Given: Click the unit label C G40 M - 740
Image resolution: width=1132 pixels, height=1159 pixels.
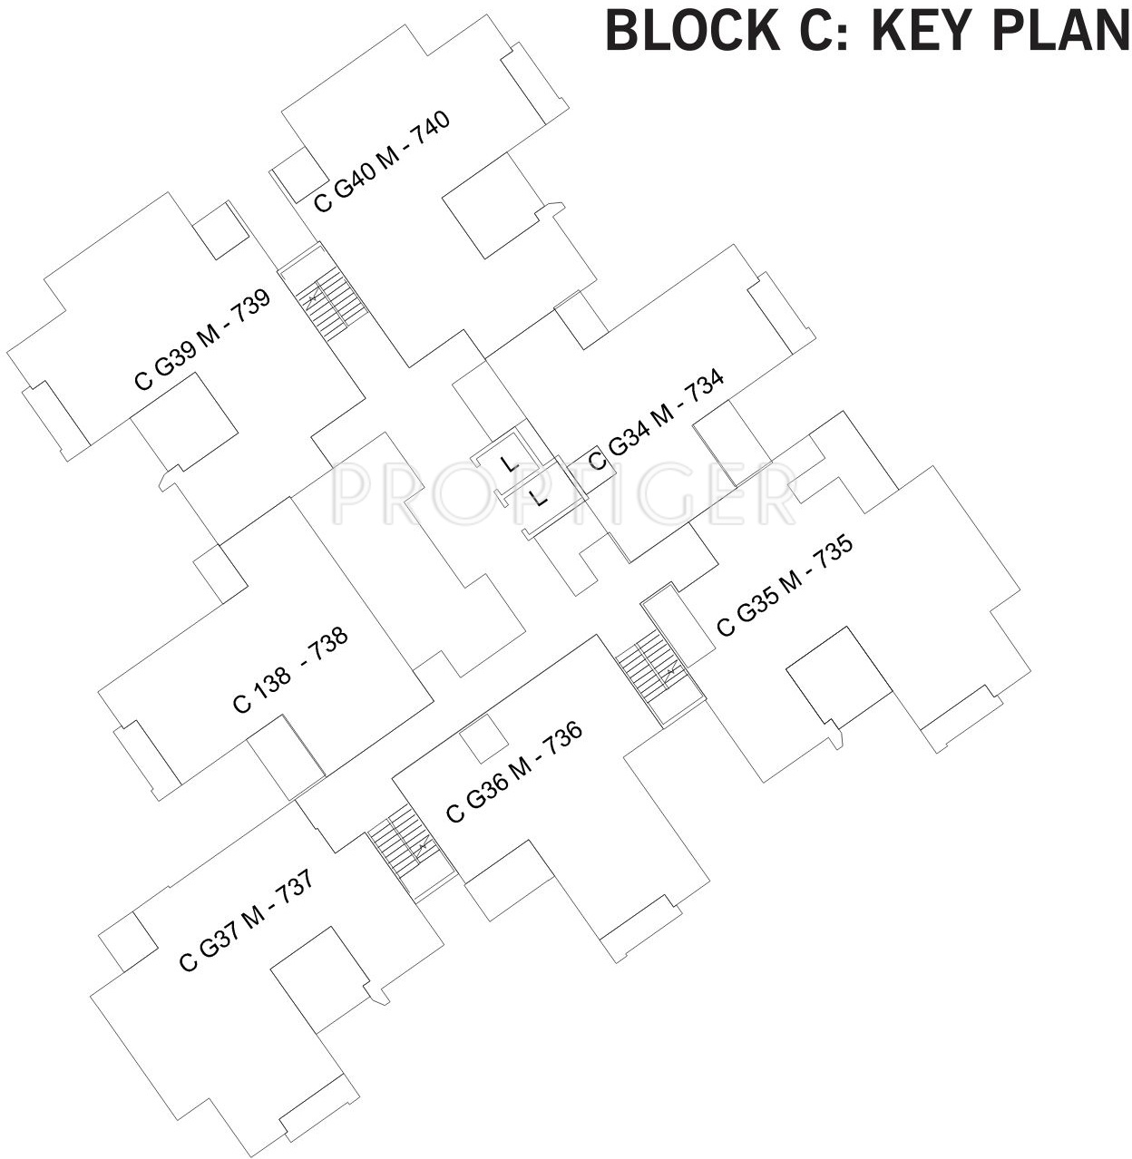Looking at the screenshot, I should click(x=382, y=161).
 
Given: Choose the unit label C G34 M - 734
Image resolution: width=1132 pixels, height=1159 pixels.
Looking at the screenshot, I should click(x=657, y=422).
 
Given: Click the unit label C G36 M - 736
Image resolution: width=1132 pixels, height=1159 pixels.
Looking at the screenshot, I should click(x=513, y=772).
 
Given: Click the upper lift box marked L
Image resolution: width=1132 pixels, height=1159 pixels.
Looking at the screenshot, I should click(x=509, y=464).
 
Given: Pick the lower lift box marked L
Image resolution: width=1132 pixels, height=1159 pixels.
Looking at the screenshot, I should click(x=540, y=499).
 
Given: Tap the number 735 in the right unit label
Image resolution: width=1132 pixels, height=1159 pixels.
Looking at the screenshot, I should click(x=834, y=554).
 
